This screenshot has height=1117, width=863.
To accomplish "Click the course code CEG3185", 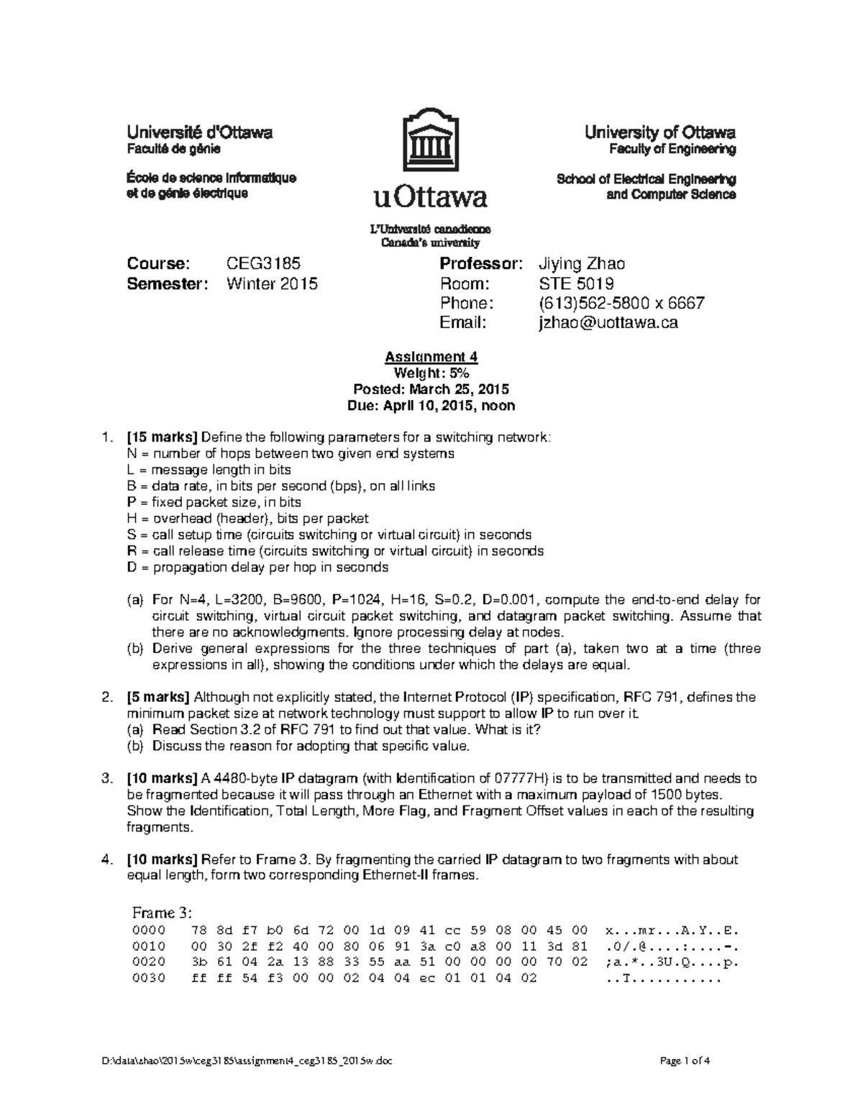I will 263,263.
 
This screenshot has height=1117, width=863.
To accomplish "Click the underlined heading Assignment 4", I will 431,357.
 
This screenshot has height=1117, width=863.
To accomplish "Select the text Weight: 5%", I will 431,373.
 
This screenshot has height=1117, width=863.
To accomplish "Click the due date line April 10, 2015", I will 431,406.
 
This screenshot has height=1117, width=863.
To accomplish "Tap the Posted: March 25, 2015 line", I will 431,389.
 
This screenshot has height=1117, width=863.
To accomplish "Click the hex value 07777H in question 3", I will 516,778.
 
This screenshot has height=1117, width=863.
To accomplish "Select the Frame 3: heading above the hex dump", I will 162,913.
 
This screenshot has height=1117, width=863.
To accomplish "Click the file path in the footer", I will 247,1061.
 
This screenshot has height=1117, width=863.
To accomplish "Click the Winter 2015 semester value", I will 272,283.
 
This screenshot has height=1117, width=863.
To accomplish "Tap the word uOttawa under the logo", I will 430,196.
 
